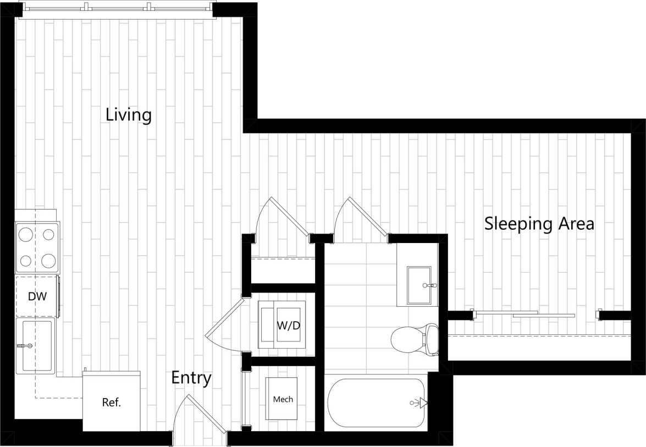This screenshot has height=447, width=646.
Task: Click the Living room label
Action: [x=128, y=115]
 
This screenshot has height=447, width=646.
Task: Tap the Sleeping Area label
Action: [x=539, y=224]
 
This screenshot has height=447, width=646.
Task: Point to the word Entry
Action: [x=191, y=378]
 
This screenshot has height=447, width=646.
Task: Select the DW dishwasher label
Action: [x=37, y=297]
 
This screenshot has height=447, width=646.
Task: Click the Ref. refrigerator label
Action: [x=112, y=402]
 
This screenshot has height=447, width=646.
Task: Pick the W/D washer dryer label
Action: [x=288, y=325]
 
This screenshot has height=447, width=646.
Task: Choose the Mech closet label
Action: [x=283, y=399]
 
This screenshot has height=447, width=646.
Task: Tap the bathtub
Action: [x=376, y=403]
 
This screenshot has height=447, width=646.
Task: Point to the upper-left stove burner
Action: [x=26, y=235]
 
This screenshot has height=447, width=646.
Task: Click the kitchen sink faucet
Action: [x=25, y=345]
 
